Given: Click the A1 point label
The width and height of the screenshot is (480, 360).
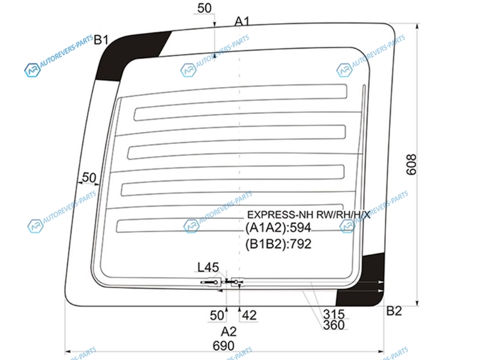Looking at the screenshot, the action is coord(242,22).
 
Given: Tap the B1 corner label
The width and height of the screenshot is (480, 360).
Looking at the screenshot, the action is coord(101,40).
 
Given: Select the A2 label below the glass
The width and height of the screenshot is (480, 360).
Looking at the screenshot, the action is coord(229,332).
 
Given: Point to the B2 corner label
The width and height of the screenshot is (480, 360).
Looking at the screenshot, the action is coord(394,311).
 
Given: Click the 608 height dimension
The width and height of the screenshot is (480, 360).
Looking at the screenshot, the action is coord(412,164).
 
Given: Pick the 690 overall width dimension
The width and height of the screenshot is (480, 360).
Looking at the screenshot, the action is coord(223,346).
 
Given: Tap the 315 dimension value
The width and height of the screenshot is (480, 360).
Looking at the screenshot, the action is coord(334,314).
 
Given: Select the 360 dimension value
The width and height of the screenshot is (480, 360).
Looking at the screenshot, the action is coord(334,325).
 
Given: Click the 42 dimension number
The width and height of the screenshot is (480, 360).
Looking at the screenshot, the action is coord(249,316).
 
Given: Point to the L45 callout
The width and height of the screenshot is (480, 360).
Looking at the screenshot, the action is coord(208,267).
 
